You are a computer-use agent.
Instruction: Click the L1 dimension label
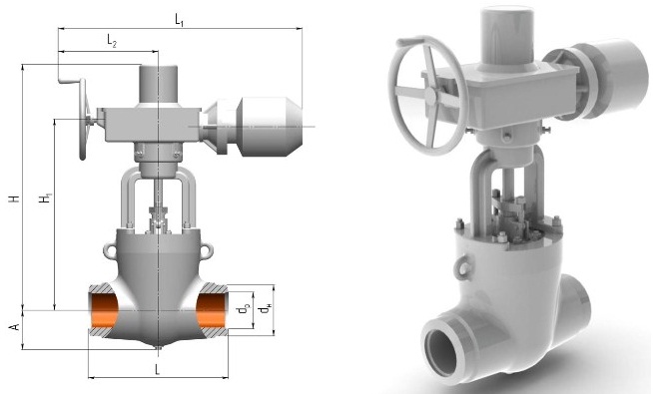[x=180, y=20]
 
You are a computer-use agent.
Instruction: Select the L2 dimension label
[x=112, y=41]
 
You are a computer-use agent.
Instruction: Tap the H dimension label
[x=15, y=197]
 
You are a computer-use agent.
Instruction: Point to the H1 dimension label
[x=45, y=197]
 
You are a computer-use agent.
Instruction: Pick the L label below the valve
[x=157, y=369]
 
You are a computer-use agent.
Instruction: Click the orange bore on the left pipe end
[x=104, y=310]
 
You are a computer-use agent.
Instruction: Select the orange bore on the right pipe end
[x=211, y=310]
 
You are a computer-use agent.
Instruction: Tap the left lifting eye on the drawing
[x=110, y=249]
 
